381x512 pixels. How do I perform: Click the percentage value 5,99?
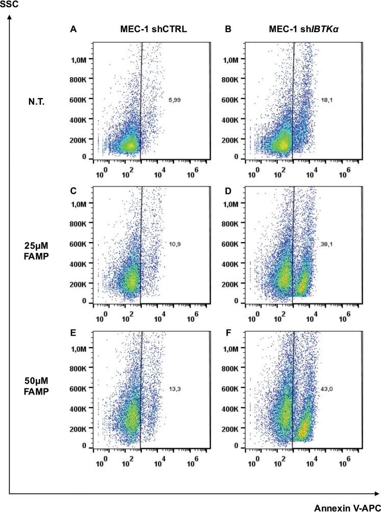(175, 100)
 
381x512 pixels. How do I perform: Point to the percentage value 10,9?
(175, 244)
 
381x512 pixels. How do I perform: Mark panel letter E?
(73, 321)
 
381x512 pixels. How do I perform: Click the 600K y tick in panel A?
(79, 99)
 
